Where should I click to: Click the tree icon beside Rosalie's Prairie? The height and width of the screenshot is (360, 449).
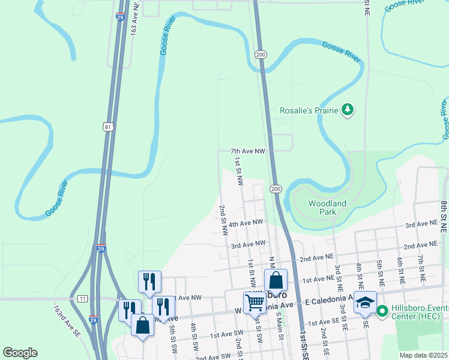347,109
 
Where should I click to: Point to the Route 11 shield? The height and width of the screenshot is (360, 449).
82,298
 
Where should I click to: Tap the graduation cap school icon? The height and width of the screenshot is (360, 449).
364,304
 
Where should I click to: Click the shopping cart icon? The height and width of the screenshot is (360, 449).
255,302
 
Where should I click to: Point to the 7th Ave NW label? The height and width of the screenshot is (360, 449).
248,152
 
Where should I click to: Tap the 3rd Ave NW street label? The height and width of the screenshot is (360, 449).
248,244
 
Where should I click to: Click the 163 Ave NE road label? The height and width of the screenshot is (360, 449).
134,22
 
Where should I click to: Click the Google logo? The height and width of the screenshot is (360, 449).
20,352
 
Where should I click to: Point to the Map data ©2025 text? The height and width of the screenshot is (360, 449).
423,355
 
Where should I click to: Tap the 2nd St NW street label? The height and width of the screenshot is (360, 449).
222,221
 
